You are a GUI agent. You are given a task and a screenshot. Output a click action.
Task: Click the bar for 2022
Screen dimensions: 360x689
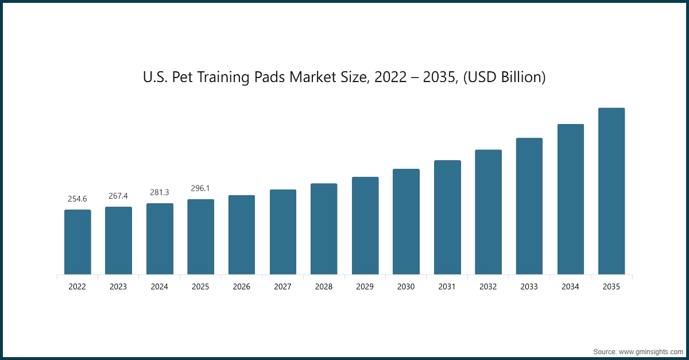pyautogui.click(x=78, y=242)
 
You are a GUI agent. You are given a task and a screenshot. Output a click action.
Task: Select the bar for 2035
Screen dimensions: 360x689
pyautogui.click(x=611, y=191)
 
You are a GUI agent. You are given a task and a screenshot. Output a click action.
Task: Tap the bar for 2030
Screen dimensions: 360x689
pyautogui.click(x=406, y=222)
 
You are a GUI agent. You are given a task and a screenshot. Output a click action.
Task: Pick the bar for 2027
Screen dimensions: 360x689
pyautogui.click(x=283, y=232)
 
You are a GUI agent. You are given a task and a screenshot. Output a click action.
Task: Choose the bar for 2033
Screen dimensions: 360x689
pyautogui.click(x=529, y=206)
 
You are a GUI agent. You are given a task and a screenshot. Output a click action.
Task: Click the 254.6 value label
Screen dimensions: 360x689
pyautogui.click(x=78, y=199)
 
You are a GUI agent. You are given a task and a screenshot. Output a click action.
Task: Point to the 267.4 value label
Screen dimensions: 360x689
pyautogui.click(x=118, y=196)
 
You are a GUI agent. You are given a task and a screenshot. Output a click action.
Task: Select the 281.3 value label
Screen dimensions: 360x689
pyautogui.click(x=160, y=192)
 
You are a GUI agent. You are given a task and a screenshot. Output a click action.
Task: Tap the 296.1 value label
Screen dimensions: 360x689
pyautogui.click(x=200, y=188)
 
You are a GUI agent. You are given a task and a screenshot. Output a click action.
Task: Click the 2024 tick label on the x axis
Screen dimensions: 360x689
pyautogui.click(x=160, y=287)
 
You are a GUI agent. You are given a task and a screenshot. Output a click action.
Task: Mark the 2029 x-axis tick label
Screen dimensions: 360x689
pyautogui.click(x=365, y=287)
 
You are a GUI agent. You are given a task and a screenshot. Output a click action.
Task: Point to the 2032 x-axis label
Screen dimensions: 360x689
pyautogui.click(x=488, y=287)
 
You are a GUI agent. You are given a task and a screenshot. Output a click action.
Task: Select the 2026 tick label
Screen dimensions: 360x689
pyautogui.click(x=242, y=287)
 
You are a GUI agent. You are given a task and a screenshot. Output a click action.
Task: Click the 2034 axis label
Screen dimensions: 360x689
pyautogui.click(x=570, y=287)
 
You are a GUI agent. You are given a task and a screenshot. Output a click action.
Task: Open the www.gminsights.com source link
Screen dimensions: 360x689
pyautogui.click(x=650, y=351)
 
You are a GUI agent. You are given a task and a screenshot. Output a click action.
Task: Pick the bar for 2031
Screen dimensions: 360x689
pyautogui.click(x=447, y=218)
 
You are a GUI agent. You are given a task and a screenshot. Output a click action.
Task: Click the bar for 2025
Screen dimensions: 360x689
pyautogui.click(x=200, y=237)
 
